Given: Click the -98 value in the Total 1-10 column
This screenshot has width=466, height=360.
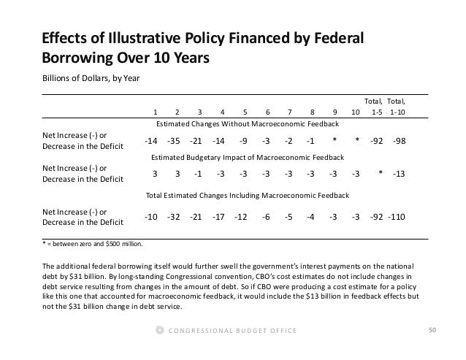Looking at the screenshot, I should click(x=400, y=140).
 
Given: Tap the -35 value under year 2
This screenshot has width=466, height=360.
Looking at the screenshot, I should click(x=174, y=140).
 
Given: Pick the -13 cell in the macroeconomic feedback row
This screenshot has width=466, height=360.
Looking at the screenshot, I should click(x=400, y=174).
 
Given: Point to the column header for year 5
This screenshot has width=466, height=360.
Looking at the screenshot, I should click(x=244, y=112).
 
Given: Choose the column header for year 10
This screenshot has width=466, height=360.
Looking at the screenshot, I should click(x=356, y=112).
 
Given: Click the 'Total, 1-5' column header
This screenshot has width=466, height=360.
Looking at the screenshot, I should click(x=377, y=107).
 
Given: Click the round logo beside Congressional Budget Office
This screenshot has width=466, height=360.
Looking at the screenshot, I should click(x=160, y=332).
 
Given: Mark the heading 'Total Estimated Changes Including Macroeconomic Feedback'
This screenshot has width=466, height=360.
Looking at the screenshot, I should click(x=247, y=196).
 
